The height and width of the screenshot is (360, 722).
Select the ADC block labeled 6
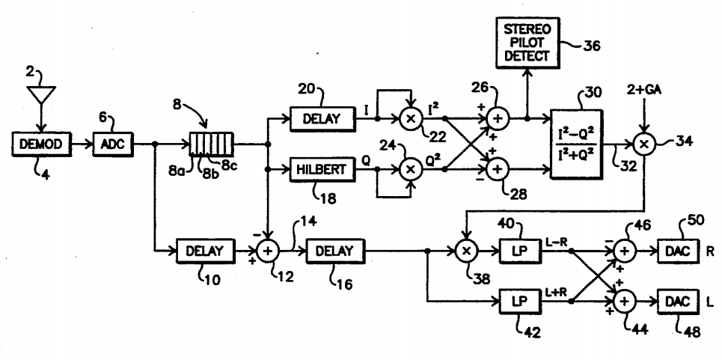(x=113, y=141)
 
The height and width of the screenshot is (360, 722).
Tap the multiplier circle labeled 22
(x=409, y=118)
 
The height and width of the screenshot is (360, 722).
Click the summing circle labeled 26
(x=497, y=118)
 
